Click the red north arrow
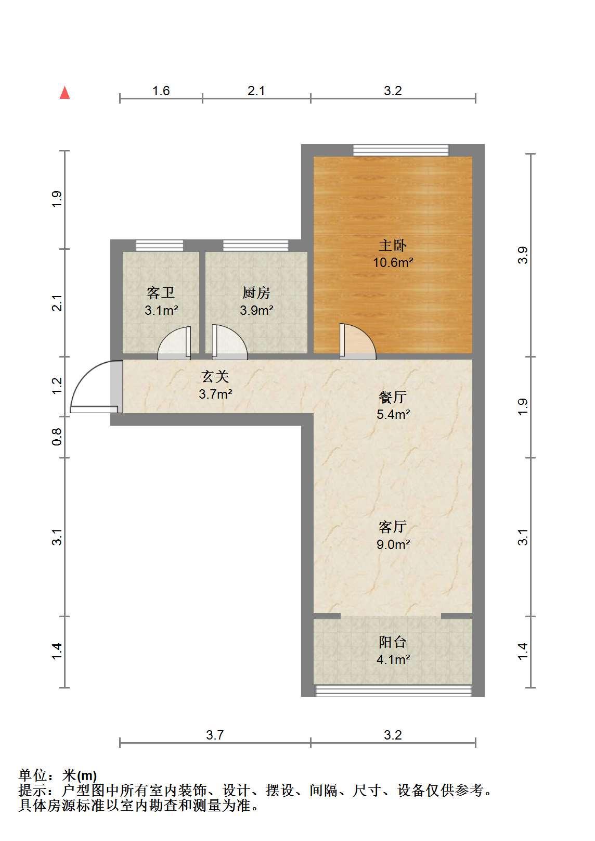(65, 93)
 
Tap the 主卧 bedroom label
(393, 246)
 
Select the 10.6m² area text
(393, 262)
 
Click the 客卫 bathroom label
(161, 293)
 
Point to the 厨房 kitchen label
(256, 293)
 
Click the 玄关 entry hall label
(215, 377)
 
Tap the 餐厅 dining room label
(393, 397)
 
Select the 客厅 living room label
(393, 527)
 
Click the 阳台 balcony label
(393, 642)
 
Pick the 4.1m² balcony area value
(393, 659)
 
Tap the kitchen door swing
(229, 342)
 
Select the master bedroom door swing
(358, 341)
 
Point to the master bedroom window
(400, 150)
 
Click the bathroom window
(160, 246)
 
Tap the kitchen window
(256, 246)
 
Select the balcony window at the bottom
(393, 691)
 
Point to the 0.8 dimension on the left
(57, 437)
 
